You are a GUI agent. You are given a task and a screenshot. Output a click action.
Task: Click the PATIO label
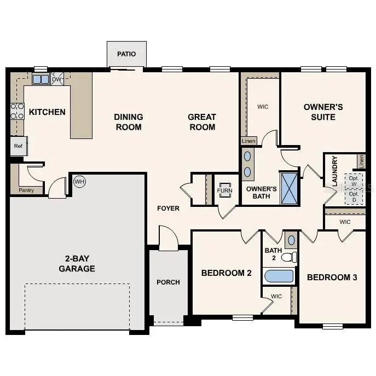(x=126, y=54)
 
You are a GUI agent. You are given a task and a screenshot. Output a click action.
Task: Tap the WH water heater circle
(x=80, y=181)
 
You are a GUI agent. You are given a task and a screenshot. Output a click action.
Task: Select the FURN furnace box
(x=225, y=191)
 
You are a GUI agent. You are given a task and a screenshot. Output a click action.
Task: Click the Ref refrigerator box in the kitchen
(x=18, y=146)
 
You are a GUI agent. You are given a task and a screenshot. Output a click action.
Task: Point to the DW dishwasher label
(x=57, y=79)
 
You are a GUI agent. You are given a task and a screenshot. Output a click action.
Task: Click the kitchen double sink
(x=40, y=79)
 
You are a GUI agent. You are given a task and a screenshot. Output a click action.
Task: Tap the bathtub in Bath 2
(x=279, y=275)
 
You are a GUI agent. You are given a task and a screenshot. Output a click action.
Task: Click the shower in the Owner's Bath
(x=290, y=188)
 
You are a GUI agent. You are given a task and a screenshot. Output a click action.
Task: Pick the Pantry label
(x=26, y=190)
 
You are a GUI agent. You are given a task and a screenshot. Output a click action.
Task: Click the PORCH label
(x=168, y=282)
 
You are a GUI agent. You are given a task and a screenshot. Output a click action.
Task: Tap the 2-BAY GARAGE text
(x=77, y=263)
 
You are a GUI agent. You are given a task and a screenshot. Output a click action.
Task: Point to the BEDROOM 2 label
(x=226, y=273)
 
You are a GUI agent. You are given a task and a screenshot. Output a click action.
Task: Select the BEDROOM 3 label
(x=332, y=277)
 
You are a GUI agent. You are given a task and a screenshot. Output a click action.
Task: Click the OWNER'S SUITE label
(x=323, y=112)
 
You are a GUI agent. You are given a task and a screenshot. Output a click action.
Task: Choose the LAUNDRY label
(x=334, y=172)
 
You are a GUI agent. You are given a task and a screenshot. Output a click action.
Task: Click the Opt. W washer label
(x=354, y=181)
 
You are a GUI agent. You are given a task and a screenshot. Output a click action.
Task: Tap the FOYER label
(x=168, y=208)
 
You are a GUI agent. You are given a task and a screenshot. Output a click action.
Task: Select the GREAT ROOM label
(x=201, y=122)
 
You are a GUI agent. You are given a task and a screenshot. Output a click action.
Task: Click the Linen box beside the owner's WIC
(x=248, y=141)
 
